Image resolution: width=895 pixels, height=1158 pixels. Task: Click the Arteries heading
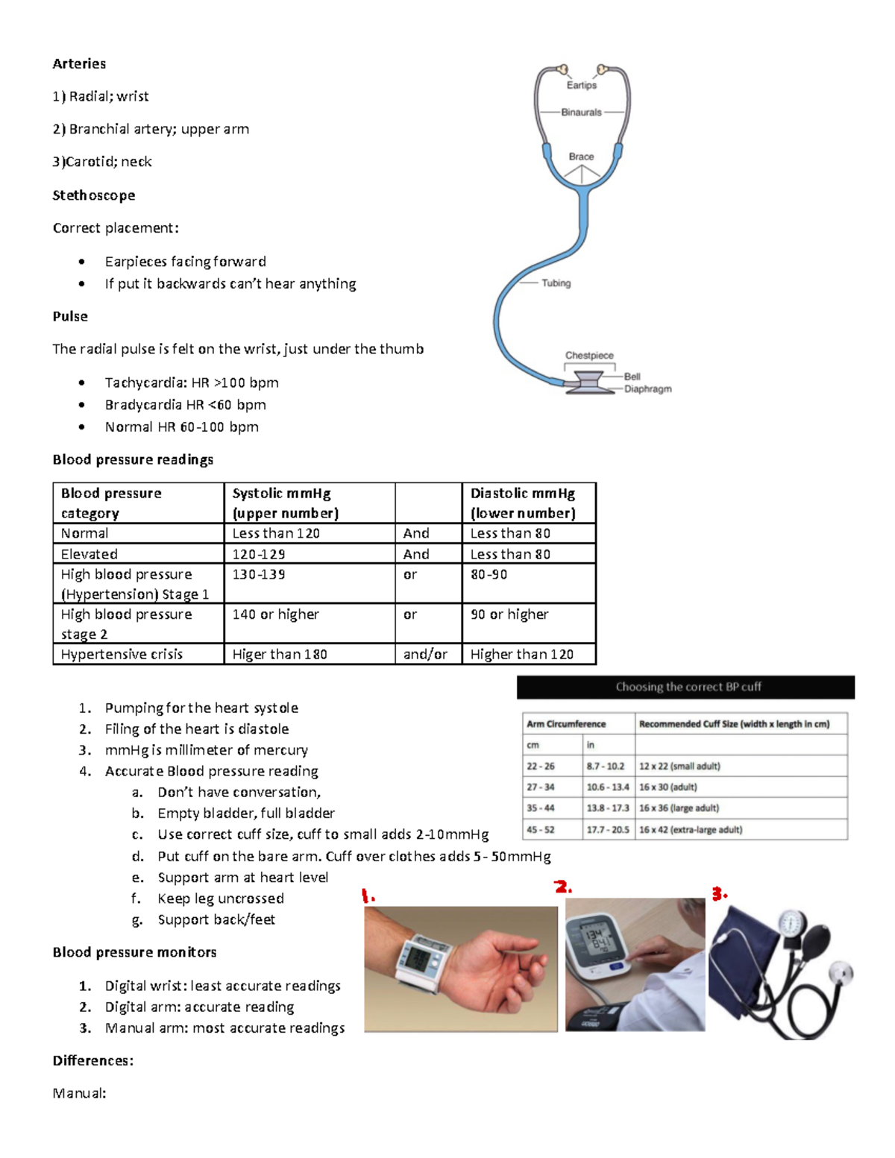click(x=79, y=63)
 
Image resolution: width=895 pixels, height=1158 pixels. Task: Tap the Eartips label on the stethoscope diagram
click(x=581, y=85)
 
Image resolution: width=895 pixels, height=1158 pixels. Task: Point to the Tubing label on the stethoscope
click(x=556, y=283)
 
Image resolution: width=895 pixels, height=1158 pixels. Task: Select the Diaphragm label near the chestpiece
click(x=647, y=389)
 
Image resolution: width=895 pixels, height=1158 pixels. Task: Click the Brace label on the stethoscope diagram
click(x=581, y=157)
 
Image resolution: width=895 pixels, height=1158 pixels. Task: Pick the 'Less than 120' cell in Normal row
click(x=276, y=533)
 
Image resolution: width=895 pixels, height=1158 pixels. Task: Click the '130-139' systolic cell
click(x=259, y=574)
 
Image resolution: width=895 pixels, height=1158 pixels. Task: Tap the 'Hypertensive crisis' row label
click(x=122, y=654)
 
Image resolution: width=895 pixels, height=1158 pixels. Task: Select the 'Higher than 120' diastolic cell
click(x=521, y=654)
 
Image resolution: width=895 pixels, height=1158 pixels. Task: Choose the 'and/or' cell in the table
click(x=425, y=654)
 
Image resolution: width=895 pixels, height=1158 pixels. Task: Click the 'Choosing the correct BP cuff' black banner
click(x=686, y=687)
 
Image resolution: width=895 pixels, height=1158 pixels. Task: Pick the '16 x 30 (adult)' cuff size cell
click(x=668, y=787)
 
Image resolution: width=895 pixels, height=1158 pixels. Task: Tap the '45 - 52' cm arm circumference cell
click(x=541, y=829)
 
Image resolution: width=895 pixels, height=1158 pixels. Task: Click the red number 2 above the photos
click(x=563, y=887)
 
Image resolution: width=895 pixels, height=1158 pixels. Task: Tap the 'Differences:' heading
click(x=92, y=1060)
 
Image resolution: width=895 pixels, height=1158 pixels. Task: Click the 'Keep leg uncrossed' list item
click(x=220, y=899)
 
